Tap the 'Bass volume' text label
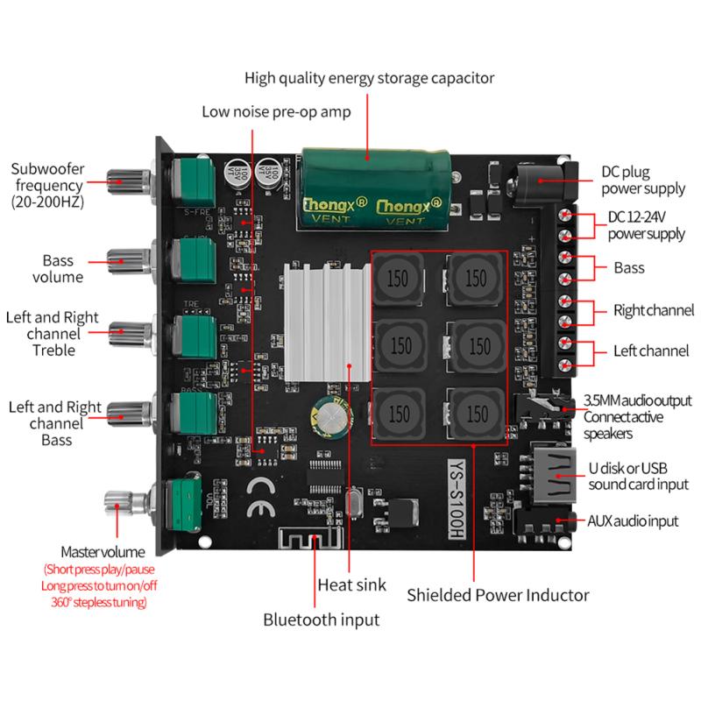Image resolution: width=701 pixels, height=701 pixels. (x=62, y=269)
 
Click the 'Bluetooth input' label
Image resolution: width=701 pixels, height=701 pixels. (x=322, y=620)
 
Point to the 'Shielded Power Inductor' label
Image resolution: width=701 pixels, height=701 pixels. (x=498, y=595)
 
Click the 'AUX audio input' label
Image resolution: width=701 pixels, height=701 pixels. (x=633, y=520)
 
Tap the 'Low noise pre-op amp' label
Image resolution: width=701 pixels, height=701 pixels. (x=276, y=111)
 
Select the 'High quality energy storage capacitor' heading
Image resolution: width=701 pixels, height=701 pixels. (x=369, y=78)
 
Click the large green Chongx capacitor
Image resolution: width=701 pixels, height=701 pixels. (x=378, y=191)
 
